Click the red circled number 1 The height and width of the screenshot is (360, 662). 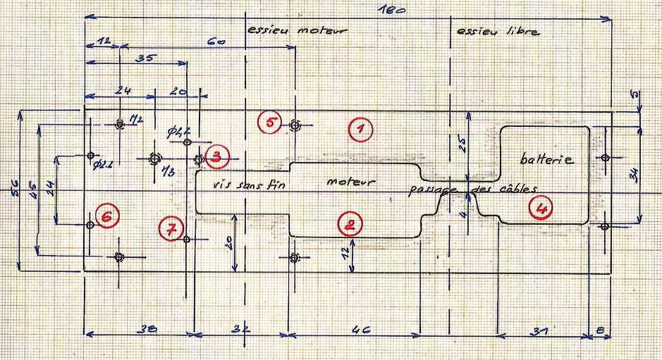tap(360, 130)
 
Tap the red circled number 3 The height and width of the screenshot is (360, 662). tap(217, 157)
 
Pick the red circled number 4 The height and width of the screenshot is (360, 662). tap(541, 208)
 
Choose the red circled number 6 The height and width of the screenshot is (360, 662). tap(106, 218)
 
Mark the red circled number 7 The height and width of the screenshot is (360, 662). tap(171, 228)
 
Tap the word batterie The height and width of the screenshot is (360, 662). tap(547, 159)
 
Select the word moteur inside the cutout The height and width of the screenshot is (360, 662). tap(350, 182)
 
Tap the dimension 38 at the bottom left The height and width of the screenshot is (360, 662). tap(147, 330)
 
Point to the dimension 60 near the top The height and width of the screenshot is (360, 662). tap(216, 43)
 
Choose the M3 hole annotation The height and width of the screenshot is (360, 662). tap(168, 171)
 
